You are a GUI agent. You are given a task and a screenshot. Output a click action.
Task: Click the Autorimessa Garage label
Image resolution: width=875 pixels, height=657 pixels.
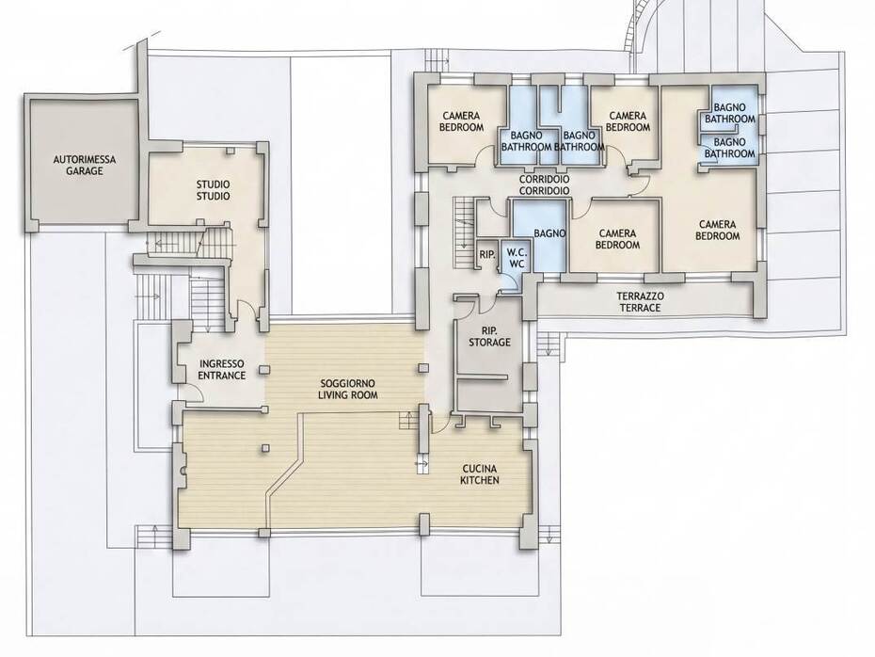coord(85,166)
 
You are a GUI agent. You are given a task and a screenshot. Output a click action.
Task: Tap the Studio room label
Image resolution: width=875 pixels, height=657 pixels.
coord(213,190)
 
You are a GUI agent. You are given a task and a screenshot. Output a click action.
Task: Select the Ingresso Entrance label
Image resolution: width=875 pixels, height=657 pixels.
coord(222,370)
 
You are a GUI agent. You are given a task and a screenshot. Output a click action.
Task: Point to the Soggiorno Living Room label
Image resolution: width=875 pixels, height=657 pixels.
coord(348,389)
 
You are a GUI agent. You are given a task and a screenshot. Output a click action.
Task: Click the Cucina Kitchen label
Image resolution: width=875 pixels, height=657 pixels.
coord(479,474)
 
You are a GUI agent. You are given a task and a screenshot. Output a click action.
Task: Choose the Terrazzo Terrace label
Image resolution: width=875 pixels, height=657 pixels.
coord(640,302)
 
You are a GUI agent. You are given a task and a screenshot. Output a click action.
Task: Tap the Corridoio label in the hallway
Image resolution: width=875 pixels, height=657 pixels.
coord(544,184)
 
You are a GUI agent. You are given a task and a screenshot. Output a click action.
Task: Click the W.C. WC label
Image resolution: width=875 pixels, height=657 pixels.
coord(517,259)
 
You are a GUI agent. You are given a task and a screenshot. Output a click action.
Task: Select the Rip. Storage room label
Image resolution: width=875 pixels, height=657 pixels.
coord(489,336)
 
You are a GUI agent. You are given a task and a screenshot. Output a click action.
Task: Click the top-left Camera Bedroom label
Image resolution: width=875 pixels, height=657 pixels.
coord(461,121)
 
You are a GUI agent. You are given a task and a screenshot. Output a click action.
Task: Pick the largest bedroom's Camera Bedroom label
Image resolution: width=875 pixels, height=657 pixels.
coord(717,230)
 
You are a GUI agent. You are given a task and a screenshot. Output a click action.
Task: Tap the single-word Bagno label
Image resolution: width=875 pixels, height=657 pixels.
coord(549,233)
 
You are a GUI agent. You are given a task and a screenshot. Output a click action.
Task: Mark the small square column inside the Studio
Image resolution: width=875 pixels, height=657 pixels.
coord(230,152)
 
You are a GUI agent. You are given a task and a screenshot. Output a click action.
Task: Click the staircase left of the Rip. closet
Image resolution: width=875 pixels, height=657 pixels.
coord(462,224)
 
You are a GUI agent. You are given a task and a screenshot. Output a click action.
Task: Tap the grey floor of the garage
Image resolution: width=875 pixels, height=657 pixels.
coord(84,162)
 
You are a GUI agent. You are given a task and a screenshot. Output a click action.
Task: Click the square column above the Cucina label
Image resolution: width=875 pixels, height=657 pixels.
coord(423,368)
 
